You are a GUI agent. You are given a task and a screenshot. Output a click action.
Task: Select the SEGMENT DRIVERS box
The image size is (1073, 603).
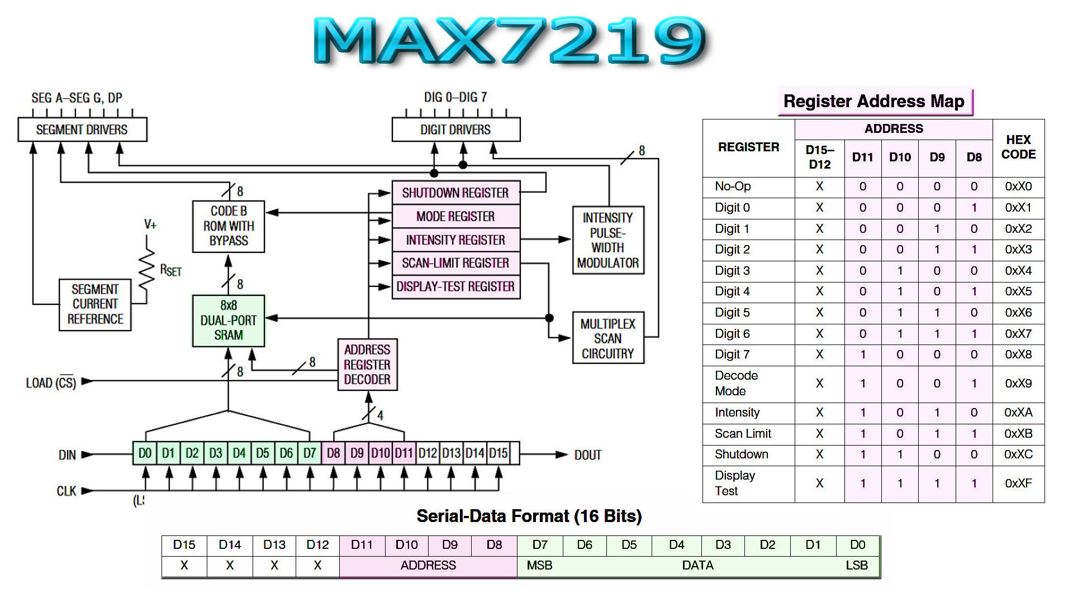coord(82,130)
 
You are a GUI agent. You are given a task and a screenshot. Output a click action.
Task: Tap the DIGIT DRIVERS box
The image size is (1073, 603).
coord(456,130)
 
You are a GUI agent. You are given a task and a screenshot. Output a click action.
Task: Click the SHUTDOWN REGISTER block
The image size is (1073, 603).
coord(456,193)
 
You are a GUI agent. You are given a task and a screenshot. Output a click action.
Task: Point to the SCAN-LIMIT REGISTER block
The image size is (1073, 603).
coord(456,263)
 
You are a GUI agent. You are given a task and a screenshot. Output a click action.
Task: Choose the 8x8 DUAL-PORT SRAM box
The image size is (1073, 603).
coord(229,320)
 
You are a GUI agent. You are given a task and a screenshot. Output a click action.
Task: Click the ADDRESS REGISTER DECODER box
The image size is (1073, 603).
coord(367,365)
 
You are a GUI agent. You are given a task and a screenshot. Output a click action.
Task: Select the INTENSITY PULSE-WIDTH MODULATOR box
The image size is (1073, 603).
coord(608,240)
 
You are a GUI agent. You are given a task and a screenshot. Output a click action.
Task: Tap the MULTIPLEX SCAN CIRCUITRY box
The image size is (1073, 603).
coord(608,338)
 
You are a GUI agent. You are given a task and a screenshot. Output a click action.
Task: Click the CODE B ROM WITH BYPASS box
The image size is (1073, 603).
coord(229,226)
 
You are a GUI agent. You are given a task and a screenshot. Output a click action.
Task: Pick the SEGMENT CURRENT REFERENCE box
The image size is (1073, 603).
coord(95,305)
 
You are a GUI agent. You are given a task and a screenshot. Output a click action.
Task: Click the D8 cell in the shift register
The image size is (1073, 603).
coord(333,453)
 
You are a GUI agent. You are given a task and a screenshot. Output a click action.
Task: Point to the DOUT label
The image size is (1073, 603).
coord(588,455)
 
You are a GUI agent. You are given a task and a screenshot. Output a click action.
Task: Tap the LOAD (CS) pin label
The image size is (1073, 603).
coord(51,382)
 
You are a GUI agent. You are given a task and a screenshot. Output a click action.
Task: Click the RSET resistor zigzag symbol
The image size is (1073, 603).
coord(147,269)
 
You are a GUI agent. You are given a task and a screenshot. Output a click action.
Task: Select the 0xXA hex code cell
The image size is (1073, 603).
coord(1018,413)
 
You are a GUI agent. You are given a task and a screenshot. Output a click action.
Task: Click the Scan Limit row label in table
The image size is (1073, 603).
coord(743,434)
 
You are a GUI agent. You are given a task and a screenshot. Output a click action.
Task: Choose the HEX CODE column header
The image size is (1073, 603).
coord(1018,147)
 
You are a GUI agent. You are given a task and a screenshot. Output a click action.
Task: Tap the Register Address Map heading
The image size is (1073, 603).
coord(874,102)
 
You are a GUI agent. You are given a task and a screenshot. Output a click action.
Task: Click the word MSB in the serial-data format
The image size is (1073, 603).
coord(539,566)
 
